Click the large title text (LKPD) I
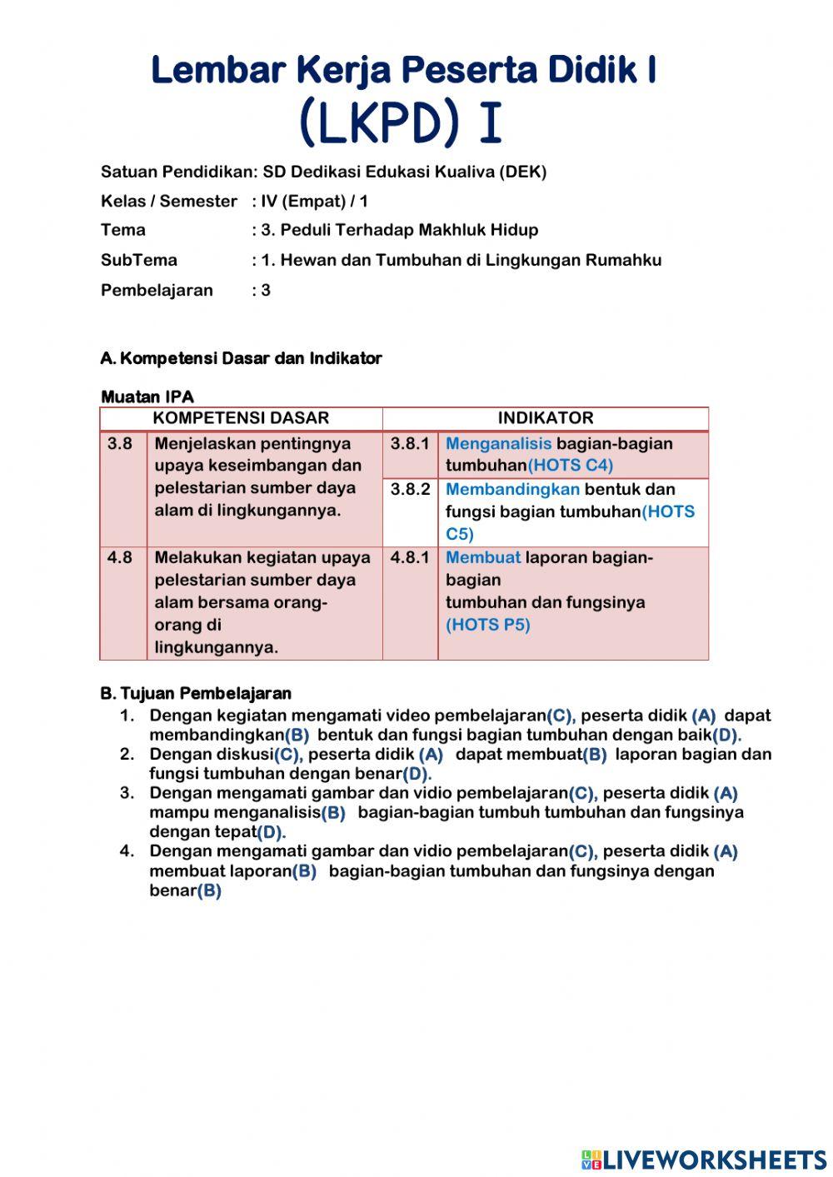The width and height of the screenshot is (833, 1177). pyautogui.click(x=401, y=122)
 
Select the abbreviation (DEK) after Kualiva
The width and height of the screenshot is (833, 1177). pyautogui.click(x=523, y=172)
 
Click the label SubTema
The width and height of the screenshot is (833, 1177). pyautogui.click(x=138, y=260)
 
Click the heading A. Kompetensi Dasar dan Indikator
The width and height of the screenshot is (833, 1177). pyautogui.click(x=241, y=359)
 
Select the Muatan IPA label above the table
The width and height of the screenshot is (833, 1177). pyautogui.click(x=147, y=396)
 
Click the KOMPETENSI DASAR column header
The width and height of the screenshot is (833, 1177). pyautogui.click(x=241, y=418)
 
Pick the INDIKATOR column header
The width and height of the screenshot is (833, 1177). pyautogui.click(x=546, y=418)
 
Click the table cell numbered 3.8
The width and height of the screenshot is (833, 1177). pyautogui.click(x=120, y=444)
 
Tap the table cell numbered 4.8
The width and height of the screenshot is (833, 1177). pyautogui.click(x=120, y=558)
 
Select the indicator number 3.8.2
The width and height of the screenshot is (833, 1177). pyautogui.click(x=410, y=490)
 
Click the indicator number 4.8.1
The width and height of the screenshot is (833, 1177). pyautogui.click(x=410, y=558)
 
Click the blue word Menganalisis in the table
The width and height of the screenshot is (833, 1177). pyautogui.click(x=498, y=444)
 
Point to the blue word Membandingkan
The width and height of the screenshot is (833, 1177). pyautogui.click(x=512, y=490)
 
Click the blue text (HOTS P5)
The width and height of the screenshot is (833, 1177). pyautogui.click(x=487, y=625)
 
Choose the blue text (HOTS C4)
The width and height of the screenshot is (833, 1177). pyautogui.click(x=571, y=466)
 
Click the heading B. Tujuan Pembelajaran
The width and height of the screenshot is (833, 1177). pyautogui.click(x=196, y=694)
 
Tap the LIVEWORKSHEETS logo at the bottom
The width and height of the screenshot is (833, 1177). pyautogui.click(x=704, y=1160)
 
